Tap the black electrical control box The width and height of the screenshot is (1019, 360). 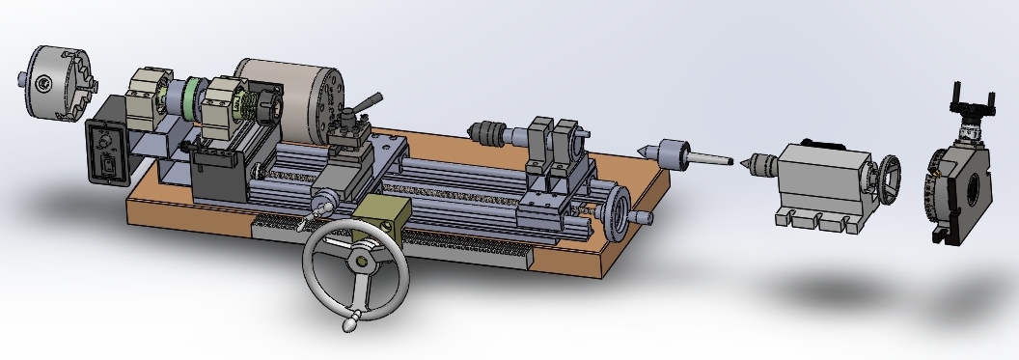point(107,152)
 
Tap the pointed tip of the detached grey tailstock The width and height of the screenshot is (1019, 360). point(741,161)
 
